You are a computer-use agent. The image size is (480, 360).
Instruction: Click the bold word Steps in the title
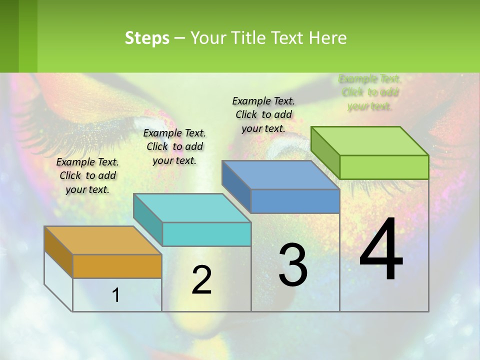tap(147, 38)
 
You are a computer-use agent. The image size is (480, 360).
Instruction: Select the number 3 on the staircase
tap(292, 265)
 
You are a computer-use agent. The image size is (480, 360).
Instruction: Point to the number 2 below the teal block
tap(201, 280)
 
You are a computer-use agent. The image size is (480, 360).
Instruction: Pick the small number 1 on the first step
tap(116, 295)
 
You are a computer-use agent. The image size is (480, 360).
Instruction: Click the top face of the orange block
tap(102, 240)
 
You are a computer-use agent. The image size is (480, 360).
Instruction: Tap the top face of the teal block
tap(191, 208)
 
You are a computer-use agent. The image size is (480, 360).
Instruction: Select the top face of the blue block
tap(280, 175)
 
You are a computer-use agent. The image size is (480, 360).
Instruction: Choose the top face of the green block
tap(369, 141)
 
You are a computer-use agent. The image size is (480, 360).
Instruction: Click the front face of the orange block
tap(117, 266)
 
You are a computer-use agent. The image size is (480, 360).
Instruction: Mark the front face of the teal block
tap(206, 234)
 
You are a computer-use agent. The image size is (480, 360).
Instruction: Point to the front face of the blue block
tap(295, 201)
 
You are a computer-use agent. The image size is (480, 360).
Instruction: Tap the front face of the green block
tap(384, 167)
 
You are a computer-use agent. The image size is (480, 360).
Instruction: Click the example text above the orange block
tap(87, 175)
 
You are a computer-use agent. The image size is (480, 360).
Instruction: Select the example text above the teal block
tap(174, 146)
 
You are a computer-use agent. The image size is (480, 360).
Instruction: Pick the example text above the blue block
tap(263, 114)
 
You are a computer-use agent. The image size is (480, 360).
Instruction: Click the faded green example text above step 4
tap(370, 92)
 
